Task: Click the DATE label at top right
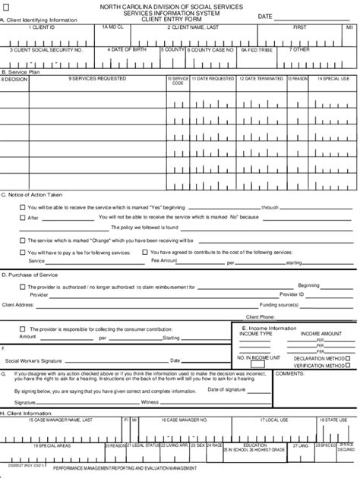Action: pos(265,16)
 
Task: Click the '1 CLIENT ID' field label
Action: pos(42,27)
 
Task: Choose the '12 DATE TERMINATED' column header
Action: pos(261,78)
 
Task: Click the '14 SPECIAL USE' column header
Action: pos(333,78)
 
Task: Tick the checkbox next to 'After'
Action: pos(22,217)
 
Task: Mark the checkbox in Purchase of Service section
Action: pos(22,287)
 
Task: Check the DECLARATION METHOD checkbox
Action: pos(350,357)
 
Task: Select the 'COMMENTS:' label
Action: pos(289,373)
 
